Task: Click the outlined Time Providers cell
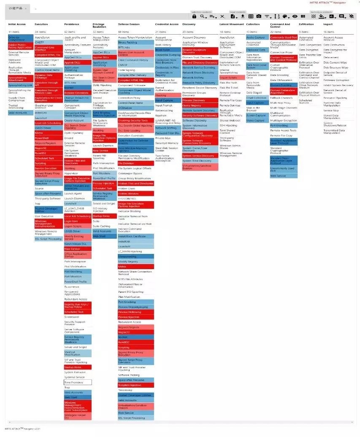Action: (77, 382)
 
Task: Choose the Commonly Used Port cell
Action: (283, 38)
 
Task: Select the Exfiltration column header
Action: (306, 24)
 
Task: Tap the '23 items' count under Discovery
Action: (188, 32)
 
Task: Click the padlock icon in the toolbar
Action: (194, 16)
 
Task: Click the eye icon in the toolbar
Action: (295, 16)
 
